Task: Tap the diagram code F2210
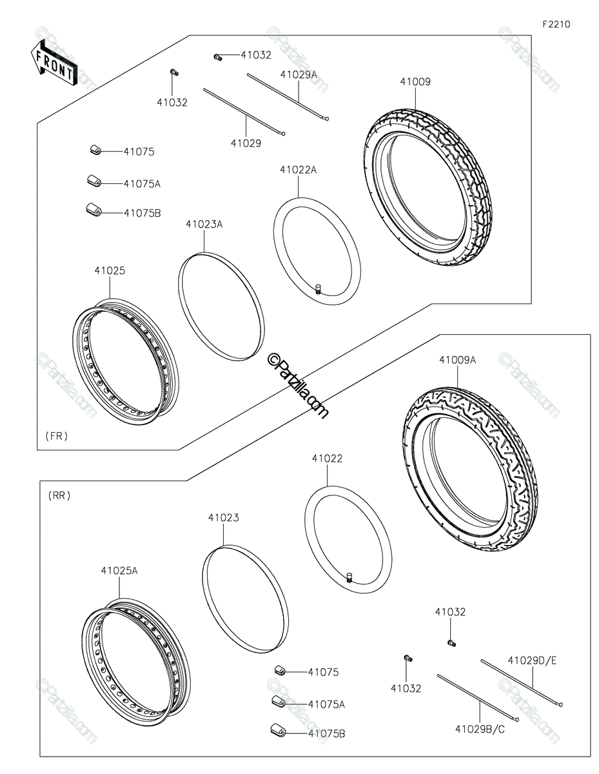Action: (556, 25)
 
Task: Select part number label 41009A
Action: (457, 360)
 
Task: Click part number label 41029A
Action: (299, 74)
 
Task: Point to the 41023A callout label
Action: (204, 224)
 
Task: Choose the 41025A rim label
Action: (119, 571)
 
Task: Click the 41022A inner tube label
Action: (299, 170)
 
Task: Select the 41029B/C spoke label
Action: (480, 729)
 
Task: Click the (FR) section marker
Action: (57, 435)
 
